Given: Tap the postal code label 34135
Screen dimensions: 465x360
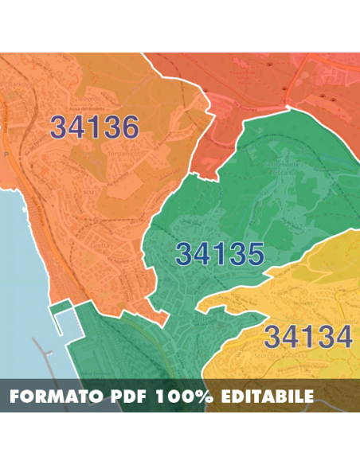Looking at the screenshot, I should [220, 254].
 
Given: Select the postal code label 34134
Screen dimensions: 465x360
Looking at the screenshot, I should [307, 337].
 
